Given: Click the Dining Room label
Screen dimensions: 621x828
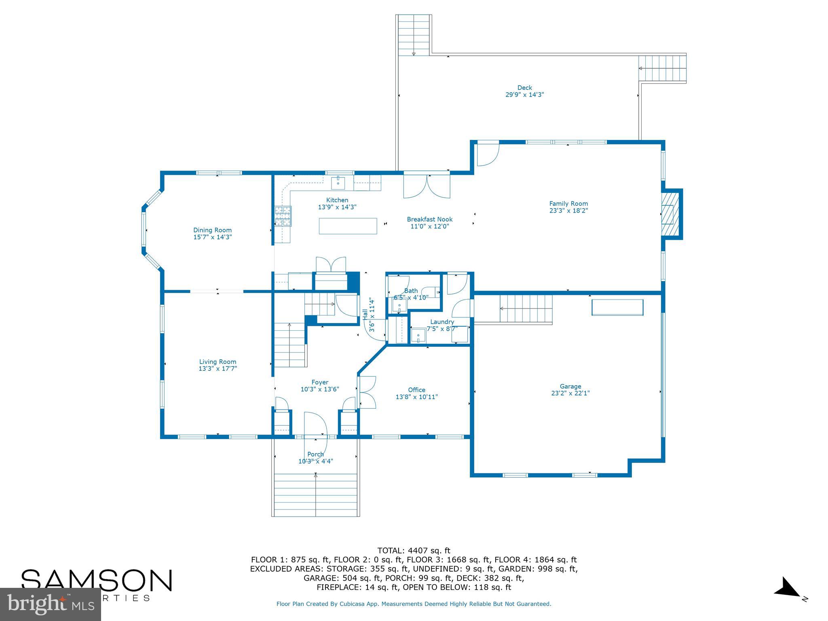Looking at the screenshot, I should coord(212,230).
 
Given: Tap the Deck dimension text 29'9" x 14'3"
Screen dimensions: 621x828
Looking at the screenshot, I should coord(524,95).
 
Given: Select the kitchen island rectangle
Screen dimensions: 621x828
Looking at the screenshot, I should coord(348,226).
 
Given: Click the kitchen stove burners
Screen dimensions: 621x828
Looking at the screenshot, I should coord(283,216).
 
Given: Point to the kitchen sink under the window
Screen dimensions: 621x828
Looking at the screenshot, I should coord(338,183).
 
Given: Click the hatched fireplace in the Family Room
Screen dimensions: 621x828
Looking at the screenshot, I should coord(670,214).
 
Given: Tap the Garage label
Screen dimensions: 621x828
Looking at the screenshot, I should coord(570,386).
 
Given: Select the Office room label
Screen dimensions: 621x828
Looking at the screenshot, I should coord(416,390).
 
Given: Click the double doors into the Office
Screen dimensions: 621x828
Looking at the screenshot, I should coord(367,392).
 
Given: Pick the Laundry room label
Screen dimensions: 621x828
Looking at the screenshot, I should coord(442,322).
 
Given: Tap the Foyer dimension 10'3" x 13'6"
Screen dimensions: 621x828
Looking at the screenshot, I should coord(319,389).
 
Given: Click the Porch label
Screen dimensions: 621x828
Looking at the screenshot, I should coord(315,454).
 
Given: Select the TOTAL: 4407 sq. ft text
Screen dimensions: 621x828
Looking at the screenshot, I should coord(414,550).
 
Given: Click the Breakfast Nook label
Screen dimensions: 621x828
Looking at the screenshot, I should coord(429,219).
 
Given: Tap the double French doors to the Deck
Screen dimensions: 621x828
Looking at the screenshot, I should coord(427,186).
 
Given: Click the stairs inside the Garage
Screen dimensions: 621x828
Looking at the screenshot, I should coord(526,308).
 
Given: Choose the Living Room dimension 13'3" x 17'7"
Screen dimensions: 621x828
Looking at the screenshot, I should coord(218,369).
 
